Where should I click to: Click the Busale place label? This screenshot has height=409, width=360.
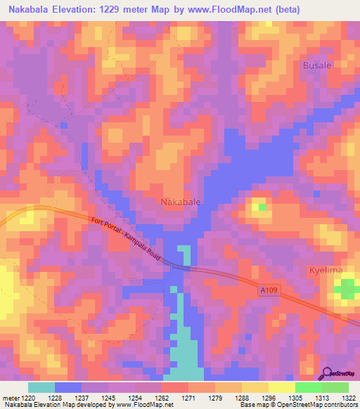316,65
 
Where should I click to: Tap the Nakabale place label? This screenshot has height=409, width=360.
181,202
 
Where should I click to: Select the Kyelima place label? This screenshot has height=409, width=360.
326,271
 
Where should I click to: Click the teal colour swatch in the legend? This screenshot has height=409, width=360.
41,388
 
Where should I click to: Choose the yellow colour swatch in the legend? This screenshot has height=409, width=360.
281,388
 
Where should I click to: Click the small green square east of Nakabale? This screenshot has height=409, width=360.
262,207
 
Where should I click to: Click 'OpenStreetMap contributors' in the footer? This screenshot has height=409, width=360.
324,405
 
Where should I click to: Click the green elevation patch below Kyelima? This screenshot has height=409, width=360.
345,288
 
